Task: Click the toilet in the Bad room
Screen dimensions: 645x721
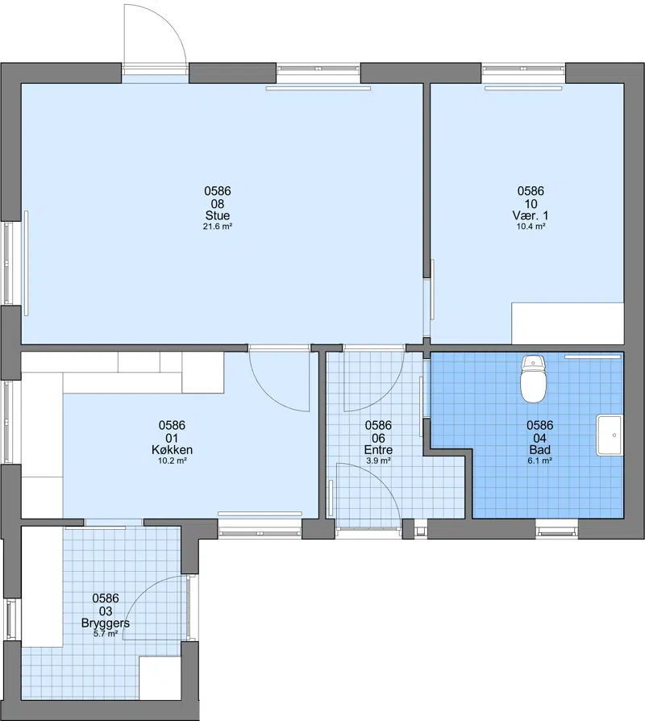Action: point(533,379)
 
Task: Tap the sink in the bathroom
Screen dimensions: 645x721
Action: point(610,435)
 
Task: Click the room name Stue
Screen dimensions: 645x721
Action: point(218,215)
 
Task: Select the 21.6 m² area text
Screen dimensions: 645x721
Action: point(218,227)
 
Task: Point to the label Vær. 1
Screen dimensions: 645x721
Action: point(531,215)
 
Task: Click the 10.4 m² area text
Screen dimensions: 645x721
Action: point(531,227)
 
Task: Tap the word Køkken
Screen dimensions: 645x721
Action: point(172,450)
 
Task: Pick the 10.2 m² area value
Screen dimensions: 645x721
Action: point(172,461)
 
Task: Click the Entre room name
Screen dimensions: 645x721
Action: point(378,450)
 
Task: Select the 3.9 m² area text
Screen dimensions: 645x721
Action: point(378,461)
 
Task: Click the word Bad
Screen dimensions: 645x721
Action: point(539,450)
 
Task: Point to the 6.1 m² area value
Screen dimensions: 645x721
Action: point(539,461)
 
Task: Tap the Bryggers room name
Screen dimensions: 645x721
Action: point(106,623)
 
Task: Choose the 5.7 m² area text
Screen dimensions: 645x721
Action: point(106,634)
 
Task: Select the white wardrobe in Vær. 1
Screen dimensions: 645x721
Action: point(568,323)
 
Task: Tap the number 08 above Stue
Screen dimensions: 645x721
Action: point(218,204)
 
